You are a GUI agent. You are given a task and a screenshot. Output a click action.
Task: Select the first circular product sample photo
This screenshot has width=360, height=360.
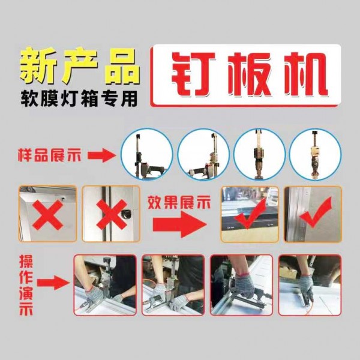[x=147, y=154]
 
